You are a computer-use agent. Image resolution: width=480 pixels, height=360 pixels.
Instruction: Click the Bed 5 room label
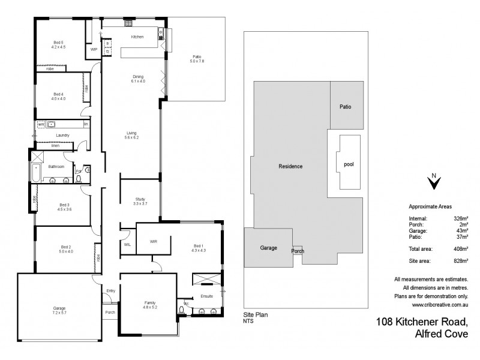click(x=58, y=44)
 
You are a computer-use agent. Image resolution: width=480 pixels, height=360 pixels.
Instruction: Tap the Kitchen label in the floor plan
click(x=137, y=37)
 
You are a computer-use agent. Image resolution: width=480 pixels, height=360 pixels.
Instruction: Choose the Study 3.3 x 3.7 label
click(x=140, y=202)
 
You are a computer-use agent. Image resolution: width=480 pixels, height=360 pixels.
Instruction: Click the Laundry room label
click(x=62, y=136)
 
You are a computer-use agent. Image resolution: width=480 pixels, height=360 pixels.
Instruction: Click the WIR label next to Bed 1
click(x=153, y=241)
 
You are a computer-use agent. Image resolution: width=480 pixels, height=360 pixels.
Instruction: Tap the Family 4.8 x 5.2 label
click(x=150, y=304)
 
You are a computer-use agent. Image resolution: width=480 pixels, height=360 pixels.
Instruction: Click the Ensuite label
click(x=206, y=296)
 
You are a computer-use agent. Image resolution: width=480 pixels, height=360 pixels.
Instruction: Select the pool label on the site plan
click(x=349, y=164)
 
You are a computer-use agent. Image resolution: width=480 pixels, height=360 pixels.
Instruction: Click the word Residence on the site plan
click(x=290, y=166)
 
